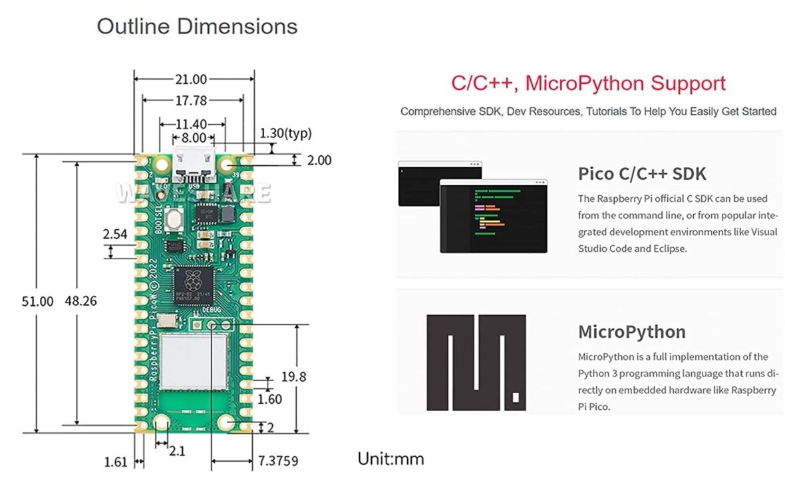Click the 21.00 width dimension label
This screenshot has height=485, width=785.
pyautogui.click(x=191, y=79)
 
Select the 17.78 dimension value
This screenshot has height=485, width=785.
pyautogui.click(x=191, y=101)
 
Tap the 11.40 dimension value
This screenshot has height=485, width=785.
pyautogui.click(x=190, y=124)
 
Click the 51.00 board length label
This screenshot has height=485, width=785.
pyautogui.click(x=38, y=301)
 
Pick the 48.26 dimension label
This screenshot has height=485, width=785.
pyautogui.click(x=80, y=301)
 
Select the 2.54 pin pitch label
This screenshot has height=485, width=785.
pyautogui.click(x=115, y=235)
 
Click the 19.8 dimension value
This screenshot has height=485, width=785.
pyautogui.click(x=293, y=377)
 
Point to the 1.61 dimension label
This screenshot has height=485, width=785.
pyautogui.click(x=116, y=461)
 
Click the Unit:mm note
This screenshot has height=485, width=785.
pyautogui.click(x=391, y=459)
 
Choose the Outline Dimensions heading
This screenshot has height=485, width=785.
pyautogui.click(x=197, y=27)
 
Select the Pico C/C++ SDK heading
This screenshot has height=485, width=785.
pyautogui.click(x=642, y=174)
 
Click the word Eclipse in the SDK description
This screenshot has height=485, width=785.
pyautogui.click(x=667, y=248)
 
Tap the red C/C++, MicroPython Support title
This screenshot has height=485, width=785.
pyautogui.click(x=588, y=84)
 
